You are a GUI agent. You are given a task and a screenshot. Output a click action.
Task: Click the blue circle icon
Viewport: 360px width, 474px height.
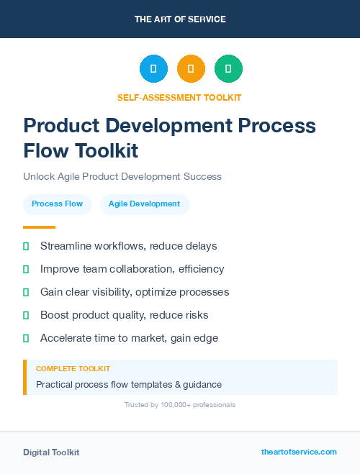click(x=153, y=69)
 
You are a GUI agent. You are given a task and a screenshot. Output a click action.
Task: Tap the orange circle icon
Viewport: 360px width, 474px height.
click(x=191, y=69)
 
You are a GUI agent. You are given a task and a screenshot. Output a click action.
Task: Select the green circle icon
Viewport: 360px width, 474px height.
click(x=228, y=69)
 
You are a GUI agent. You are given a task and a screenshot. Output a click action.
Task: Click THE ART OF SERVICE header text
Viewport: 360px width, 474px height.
click(x=180, y=19)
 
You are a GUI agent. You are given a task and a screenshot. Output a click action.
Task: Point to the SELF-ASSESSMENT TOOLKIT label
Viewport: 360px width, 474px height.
click(x=180, y=97)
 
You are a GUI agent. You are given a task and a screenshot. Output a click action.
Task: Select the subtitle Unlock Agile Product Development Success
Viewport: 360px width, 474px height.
click(x=122, y=176)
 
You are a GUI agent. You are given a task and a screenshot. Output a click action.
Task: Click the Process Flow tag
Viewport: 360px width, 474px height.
click(x=58, y=204)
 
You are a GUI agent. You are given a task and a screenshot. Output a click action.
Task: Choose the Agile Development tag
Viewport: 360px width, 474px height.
click(x=145, y=204)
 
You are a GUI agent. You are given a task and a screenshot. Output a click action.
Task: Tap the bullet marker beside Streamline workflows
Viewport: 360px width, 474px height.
click(x=26, y=246)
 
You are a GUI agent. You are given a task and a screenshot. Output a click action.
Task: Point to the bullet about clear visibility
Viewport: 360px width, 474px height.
click(x=135, y=292)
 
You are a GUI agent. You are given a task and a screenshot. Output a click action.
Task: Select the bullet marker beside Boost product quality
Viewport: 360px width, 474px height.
click(x=26, y=315)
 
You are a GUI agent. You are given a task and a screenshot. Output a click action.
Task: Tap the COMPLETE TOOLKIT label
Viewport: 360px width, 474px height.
click(x=69, y=368)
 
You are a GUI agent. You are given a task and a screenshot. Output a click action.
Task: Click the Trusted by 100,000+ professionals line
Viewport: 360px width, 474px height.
click(x=180, y=405)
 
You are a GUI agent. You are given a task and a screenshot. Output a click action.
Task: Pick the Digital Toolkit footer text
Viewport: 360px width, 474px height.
click(x=51, y=452)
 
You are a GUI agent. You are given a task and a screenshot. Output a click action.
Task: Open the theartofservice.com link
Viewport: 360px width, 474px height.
click(x=299, y=452)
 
